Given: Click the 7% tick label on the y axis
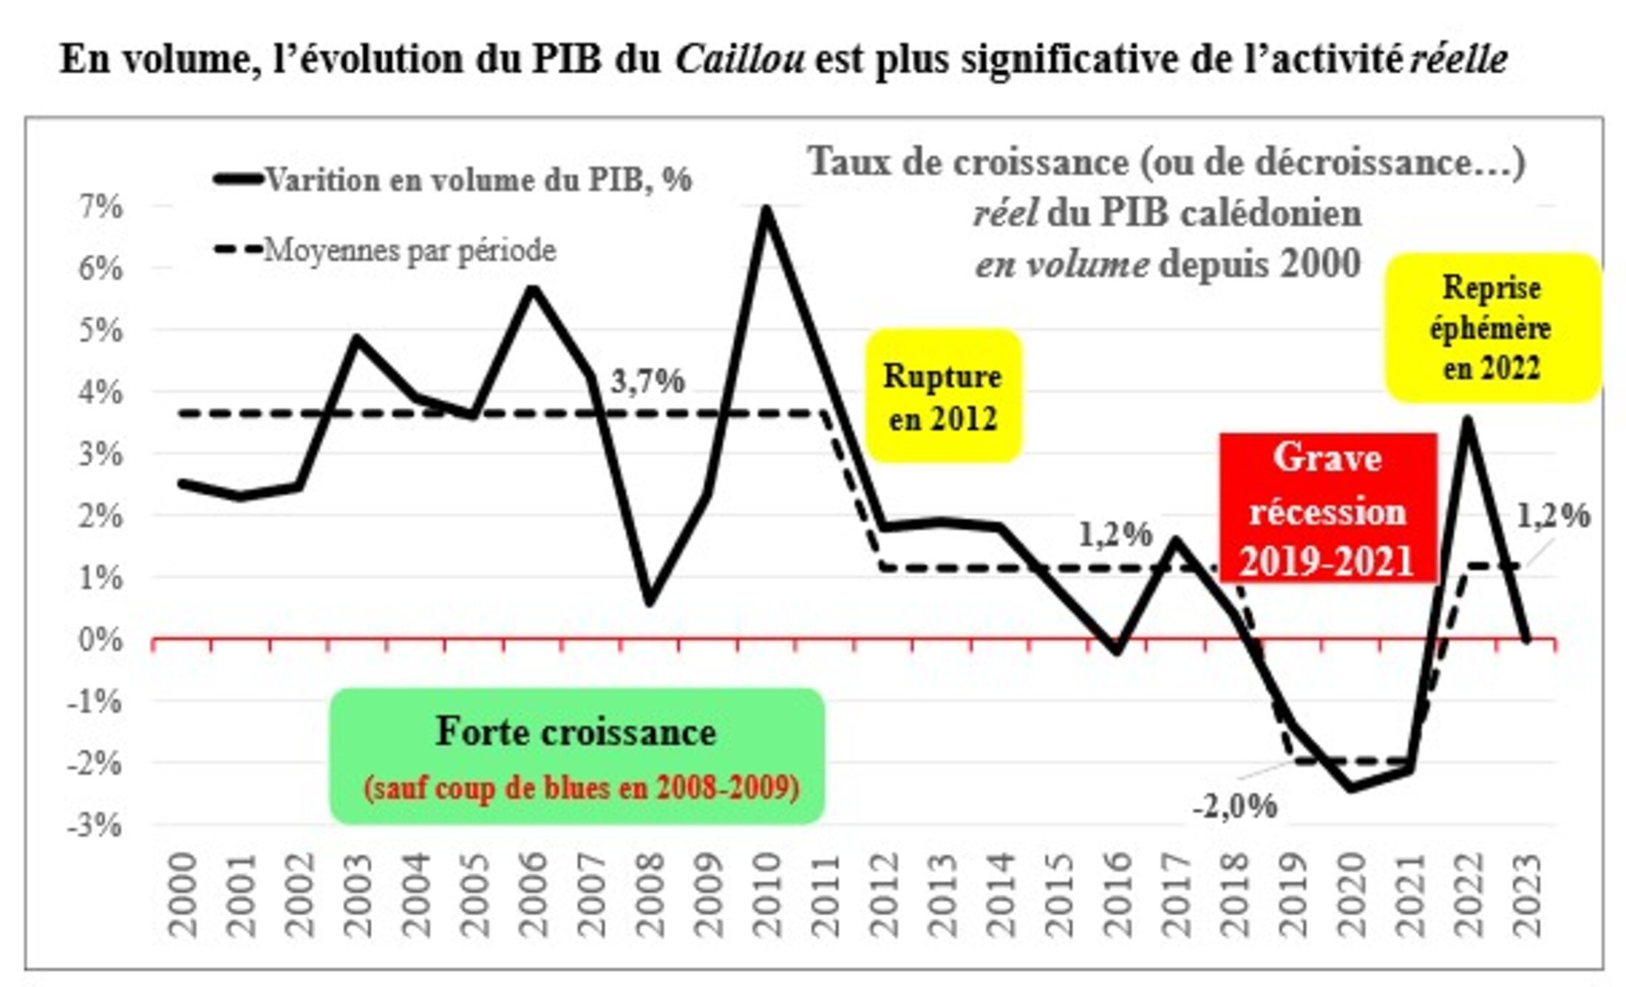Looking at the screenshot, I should point(101,206).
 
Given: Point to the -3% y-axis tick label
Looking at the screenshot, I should point(94,824).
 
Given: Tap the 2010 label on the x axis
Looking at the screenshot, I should point(766,895).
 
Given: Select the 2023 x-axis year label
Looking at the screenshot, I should point(1526,895).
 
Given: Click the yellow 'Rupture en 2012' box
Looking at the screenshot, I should point(942,396).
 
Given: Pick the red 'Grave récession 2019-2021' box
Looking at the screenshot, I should point(1327,509).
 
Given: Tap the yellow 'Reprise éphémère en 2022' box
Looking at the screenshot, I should point(1491,328).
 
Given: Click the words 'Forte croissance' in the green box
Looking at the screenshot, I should point(576,732).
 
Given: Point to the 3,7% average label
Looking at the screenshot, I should point(647,381).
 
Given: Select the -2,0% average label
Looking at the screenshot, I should point(1234,806).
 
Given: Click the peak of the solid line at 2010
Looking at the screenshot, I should point(766,209).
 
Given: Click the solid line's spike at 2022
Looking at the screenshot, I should point(1468,420).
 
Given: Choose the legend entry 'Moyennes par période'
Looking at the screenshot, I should point(409,250).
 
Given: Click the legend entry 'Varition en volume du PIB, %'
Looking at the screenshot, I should point(478,180).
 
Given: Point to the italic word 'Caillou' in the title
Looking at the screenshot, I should point(740,59).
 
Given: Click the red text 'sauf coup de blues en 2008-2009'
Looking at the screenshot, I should point(582,787).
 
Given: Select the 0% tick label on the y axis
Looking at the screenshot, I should point(101,639).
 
